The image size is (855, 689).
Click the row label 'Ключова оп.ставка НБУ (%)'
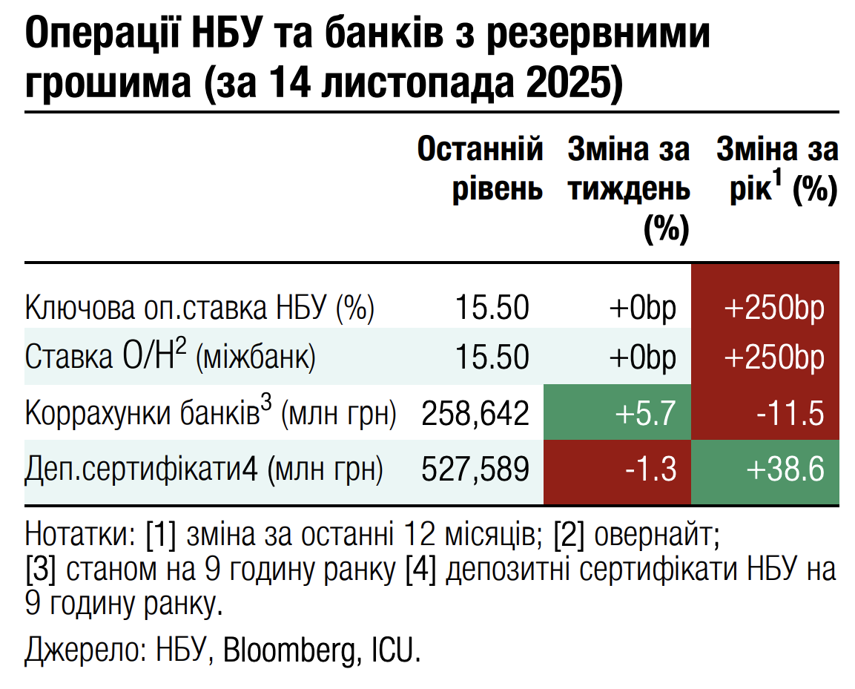coord(200,307)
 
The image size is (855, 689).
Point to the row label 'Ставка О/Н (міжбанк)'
coord(171,357)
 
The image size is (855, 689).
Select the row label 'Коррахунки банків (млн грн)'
coord(211,413)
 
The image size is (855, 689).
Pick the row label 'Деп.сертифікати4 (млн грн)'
coord(205,469)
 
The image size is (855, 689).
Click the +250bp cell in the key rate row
coord(765,307)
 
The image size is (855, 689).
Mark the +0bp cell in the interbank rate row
coord(643,357)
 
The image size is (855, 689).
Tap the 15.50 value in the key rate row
coord(492,307)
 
